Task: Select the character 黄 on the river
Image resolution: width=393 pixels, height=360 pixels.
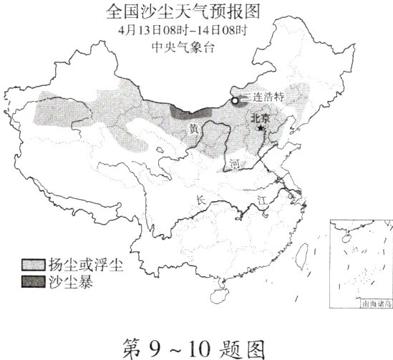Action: [x=193, y=129]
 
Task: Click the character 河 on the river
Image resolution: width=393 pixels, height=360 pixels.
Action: [x=235, y=164]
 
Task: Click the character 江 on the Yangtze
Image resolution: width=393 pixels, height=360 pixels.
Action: [x=262, y=206]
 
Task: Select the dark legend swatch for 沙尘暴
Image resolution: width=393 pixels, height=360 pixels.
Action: [x=33, y=281]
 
